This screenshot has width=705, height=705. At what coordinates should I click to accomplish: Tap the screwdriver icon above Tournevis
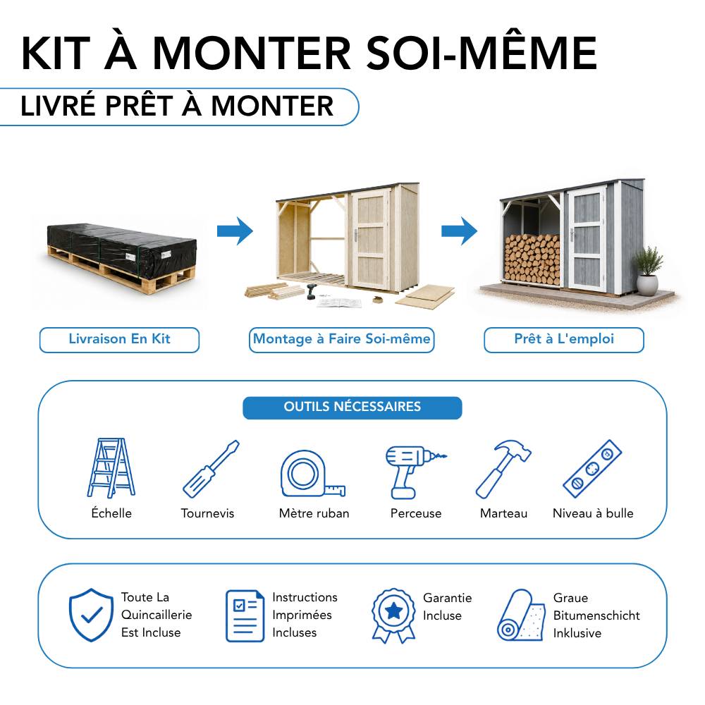click(x=211, y=469)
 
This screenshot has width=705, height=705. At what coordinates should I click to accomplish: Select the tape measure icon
click(x=312, y=474)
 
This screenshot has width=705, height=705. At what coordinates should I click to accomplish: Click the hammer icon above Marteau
click(x=503, y=469)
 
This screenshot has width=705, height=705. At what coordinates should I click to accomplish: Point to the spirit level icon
click(x=593, y=469)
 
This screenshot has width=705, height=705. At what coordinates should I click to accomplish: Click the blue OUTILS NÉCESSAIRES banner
click(x=352, y=407)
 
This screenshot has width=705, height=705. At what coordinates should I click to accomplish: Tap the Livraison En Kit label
click(x=119, y=340)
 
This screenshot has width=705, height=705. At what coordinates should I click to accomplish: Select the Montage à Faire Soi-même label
click(x=341, y=340)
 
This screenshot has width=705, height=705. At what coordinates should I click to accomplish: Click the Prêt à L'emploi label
click(x=564, y=340)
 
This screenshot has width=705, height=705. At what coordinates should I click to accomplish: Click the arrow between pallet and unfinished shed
click(x=235, y=231)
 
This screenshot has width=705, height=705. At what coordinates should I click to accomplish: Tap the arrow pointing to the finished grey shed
click(x=459, y=231)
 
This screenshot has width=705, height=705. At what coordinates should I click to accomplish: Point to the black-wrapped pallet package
click(x=121, y=257)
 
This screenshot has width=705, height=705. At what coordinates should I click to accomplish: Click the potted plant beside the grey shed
click(x=647, y=271)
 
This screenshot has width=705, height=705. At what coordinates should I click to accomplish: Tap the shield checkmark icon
click(x=91, y=615)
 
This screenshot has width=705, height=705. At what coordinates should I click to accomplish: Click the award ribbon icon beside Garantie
click(x=393, y=615)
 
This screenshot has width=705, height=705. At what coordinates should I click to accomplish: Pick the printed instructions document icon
click(x=245, y=615)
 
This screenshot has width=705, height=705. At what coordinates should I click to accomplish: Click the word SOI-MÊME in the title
click(x=482, y=54)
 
